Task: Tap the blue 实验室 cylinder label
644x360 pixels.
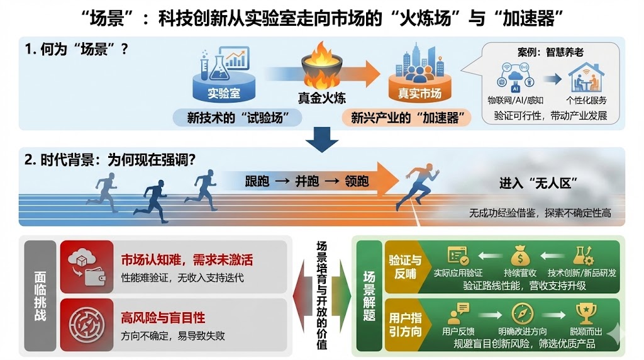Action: click(x=224, y=95)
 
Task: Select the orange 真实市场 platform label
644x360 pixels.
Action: click(x=419, y=94)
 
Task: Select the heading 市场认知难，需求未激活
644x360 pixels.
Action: click(x=186, y=260)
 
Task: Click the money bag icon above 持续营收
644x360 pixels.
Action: click(x=521, y=255)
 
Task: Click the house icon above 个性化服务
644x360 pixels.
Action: click(x=586, y=79)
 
